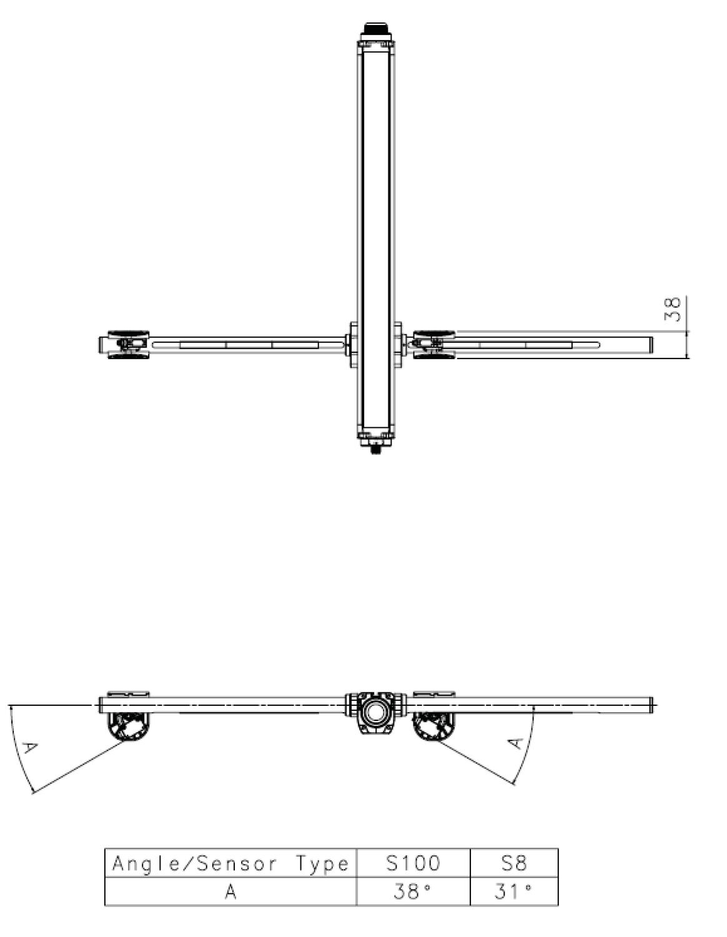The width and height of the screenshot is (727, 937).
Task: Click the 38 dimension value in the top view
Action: (x=673, y=309)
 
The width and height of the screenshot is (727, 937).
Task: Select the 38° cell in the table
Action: (x=412, y=891)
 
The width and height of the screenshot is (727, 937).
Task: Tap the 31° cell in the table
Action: (x=513, y=891)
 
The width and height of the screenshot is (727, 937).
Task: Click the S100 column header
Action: (x=412, y=863)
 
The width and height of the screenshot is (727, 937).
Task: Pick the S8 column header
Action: (x=513, y=863)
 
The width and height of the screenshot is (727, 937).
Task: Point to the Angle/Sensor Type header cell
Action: (x=230, y=863)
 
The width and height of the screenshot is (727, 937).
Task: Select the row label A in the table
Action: (x=230, y=891)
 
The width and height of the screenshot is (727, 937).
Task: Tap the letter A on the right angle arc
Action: (x=515, y=743)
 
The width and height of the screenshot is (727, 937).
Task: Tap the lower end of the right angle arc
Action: (x=515, y=784)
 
